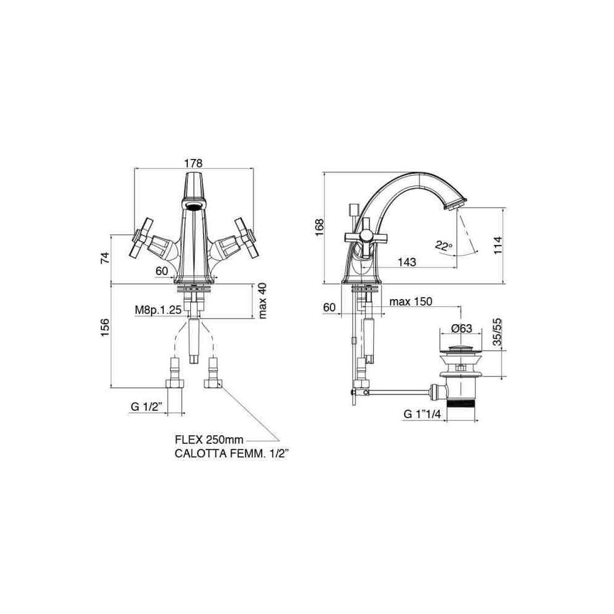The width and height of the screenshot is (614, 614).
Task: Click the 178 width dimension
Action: click(x=193, y=163)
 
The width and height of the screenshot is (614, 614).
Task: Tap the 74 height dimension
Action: click(x=105, y=258)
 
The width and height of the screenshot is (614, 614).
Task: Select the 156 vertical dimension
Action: click(x=105, y=328)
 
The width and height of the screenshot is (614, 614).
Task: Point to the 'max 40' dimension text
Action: click(x=262, y=301)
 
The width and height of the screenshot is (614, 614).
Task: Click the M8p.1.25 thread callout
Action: click(x=158, y=310)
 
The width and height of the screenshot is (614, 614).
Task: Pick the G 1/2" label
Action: click(x=147, y=407)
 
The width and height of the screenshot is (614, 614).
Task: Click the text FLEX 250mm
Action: click(x=209, y=440)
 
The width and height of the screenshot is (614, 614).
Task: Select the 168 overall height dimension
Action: click(x=320, y=227)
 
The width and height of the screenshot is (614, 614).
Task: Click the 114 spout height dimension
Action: click(x=498, y=245)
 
